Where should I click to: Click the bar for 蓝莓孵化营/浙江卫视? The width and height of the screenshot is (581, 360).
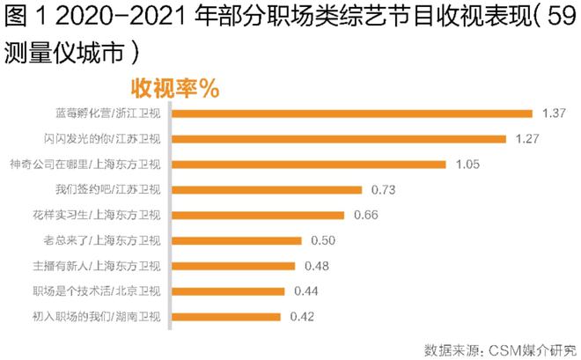click(x=352, y=113)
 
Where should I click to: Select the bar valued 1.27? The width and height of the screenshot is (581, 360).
click(x=339, y=138)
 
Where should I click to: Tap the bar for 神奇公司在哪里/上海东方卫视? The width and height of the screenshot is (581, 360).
click(x=309, y=164)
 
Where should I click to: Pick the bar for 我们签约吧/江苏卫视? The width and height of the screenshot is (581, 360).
click(x=267, y=189)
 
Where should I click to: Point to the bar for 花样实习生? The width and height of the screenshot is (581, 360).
click(x=258, y=215)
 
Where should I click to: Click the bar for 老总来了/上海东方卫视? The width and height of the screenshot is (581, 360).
click(x=237, y=240)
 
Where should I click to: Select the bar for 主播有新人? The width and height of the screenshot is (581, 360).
click(x=234, y=266)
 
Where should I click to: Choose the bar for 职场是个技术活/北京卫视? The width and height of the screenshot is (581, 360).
click(x=229, y=291)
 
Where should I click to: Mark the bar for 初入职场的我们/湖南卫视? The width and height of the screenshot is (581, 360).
click(x=226, y=316)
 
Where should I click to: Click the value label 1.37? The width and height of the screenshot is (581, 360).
click(x=552, y=113)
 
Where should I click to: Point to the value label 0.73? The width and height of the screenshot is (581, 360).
click(x=385, y=189)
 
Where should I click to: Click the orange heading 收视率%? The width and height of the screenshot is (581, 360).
click(x=175, y=88)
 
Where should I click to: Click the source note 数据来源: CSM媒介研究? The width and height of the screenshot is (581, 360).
click(x=498, y=345)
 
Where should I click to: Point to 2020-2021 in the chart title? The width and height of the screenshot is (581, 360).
click(x=115, y=18)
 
